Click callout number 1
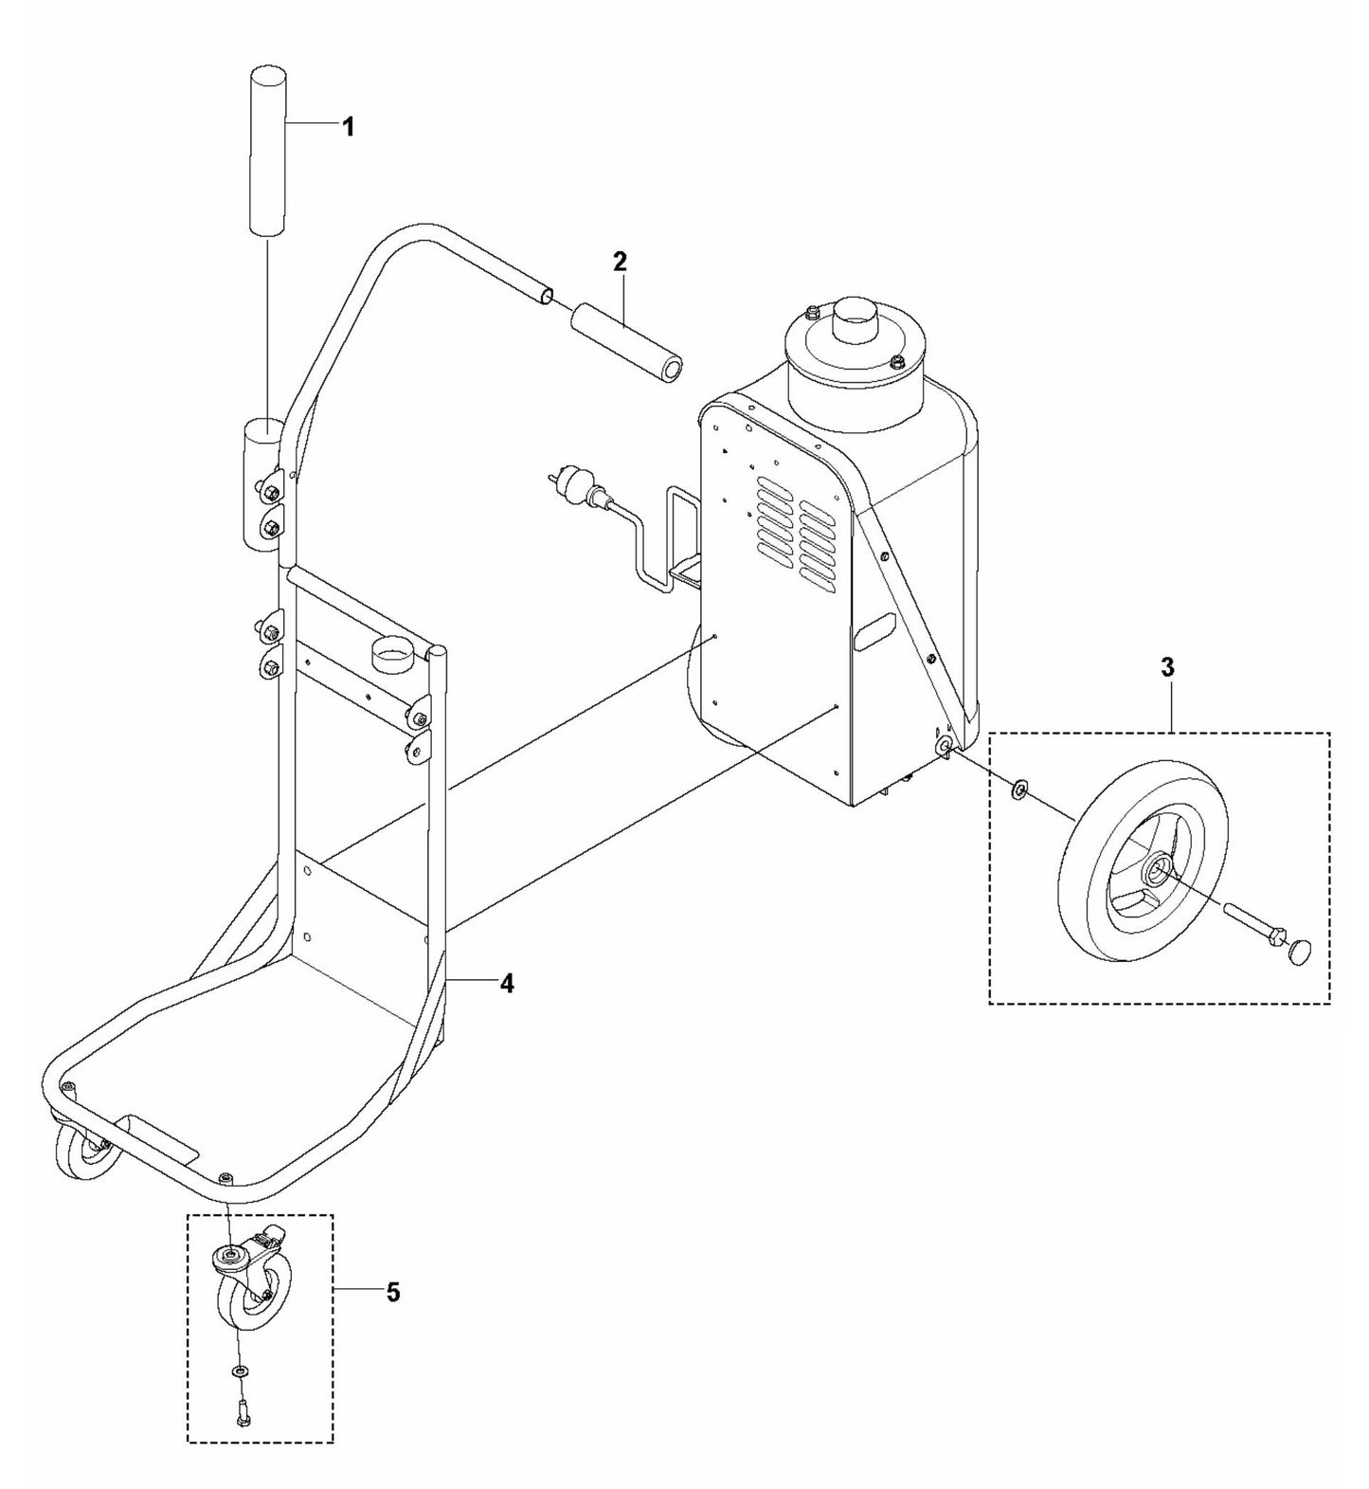348,127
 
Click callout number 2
620,262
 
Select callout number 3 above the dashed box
1167,668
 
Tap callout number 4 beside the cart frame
507,985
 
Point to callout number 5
393,1292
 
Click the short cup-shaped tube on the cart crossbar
390,655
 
